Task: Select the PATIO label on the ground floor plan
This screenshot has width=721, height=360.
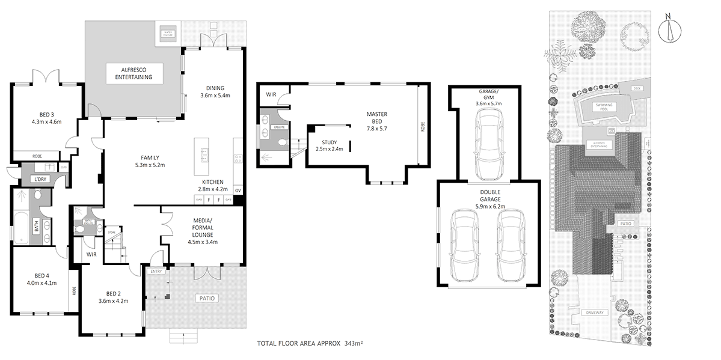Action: (x=206, y=298)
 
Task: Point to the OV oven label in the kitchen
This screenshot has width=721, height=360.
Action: (x=238, y=191)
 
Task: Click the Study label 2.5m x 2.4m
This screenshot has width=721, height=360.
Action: (x=328, y=145)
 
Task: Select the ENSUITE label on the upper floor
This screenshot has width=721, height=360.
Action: (x=280, y=127)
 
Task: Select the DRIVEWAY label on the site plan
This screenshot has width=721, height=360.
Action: (x=595, y=313)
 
